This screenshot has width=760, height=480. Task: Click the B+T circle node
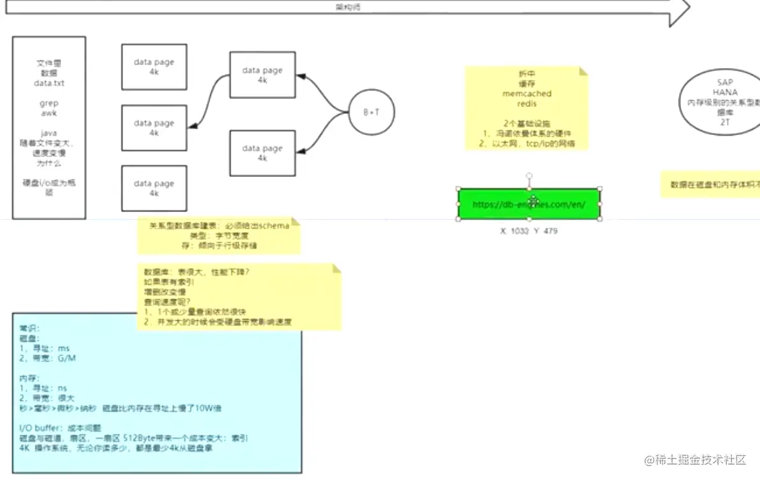click(372, 112)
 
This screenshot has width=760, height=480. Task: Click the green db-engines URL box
click(529, 204)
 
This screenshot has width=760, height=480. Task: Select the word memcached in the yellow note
click(526, 94)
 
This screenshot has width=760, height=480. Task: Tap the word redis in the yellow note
click(526, 104)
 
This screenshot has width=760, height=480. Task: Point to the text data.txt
click(49, 83)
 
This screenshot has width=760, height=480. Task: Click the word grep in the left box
click(49, 103)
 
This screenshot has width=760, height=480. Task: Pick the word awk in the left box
click(49, 113)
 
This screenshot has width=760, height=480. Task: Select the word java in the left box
click(49, 133)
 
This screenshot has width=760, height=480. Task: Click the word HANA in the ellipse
click(725, 92)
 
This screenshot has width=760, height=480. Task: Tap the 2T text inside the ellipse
click(725, 121)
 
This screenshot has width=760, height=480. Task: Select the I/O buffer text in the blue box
click(41, 428)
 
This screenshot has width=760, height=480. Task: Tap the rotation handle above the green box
click(529, 176)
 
